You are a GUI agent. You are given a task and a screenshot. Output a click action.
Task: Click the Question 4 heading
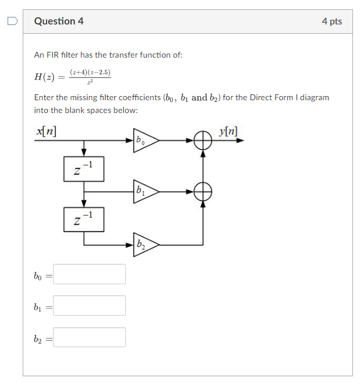59,21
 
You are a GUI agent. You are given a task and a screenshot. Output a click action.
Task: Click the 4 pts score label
331,22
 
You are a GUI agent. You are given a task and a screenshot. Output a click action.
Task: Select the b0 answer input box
90,274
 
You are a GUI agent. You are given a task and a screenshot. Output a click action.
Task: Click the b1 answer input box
90,306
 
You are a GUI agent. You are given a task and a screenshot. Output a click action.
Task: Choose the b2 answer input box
90,337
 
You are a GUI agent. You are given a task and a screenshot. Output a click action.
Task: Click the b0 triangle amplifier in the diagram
143,140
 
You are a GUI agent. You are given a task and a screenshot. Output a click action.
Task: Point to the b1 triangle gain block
143,190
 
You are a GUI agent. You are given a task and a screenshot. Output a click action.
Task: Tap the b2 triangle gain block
143,245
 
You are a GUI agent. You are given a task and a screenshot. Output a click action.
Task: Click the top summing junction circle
203,140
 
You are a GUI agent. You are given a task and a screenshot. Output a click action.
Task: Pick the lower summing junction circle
203,190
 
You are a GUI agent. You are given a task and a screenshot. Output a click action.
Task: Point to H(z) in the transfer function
45,77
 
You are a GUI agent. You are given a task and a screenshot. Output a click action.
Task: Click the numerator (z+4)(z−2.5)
90,72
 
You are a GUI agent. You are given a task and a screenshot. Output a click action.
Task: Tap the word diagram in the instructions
315,97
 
